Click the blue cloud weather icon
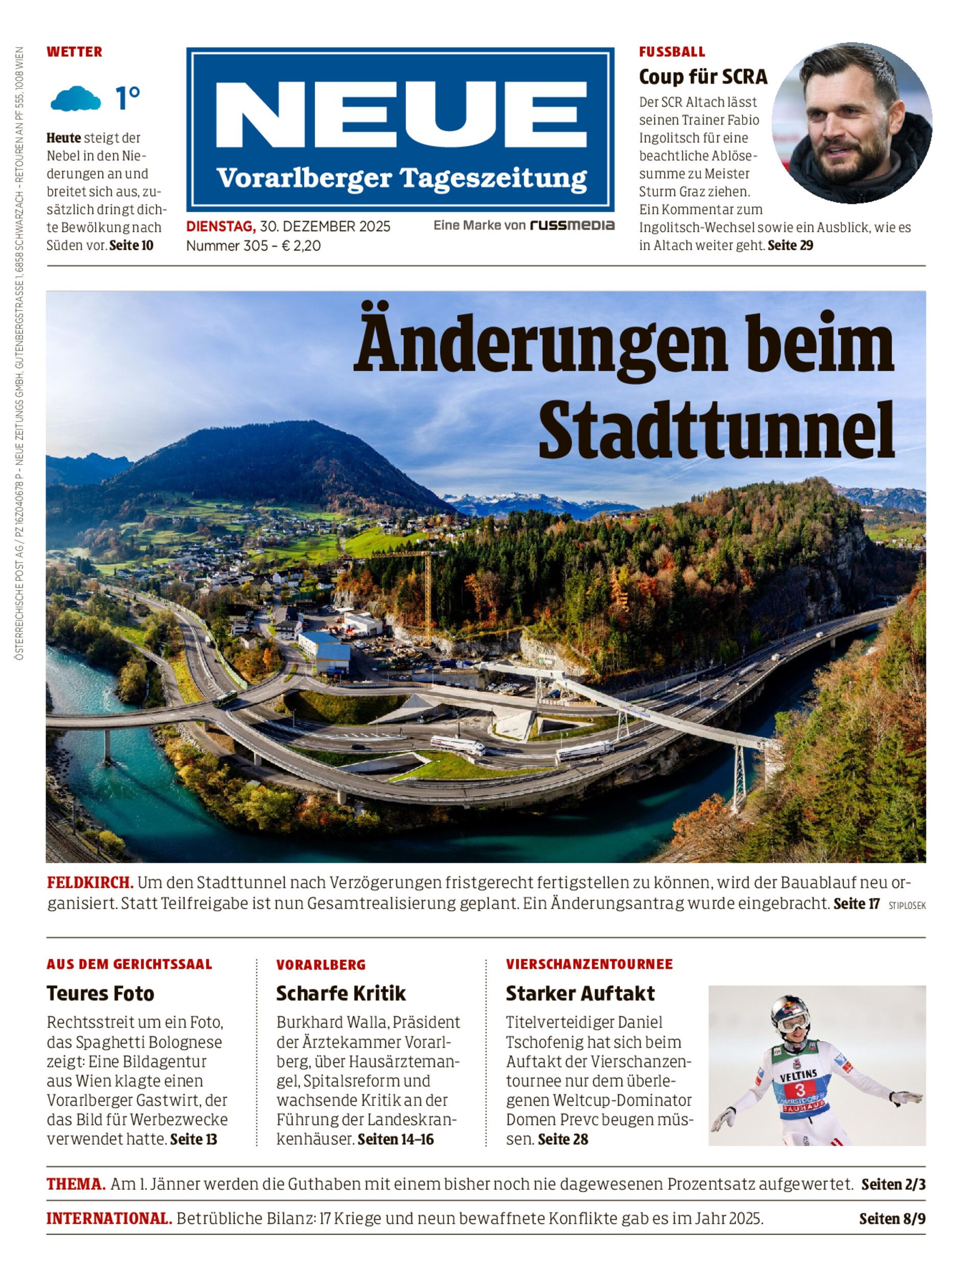point(75,99)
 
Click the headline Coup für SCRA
point(702,77)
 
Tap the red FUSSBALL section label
point(672,52)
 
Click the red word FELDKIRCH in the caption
point(90,883)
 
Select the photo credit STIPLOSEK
point(907,905)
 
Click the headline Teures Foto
point(101,994)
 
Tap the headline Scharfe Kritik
point(341,994)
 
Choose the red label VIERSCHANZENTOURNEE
point(589,964)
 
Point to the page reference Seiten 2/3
point(893,1185)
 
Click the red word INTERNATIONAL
point(109,1219)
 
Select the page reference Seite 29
point(790,246)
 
